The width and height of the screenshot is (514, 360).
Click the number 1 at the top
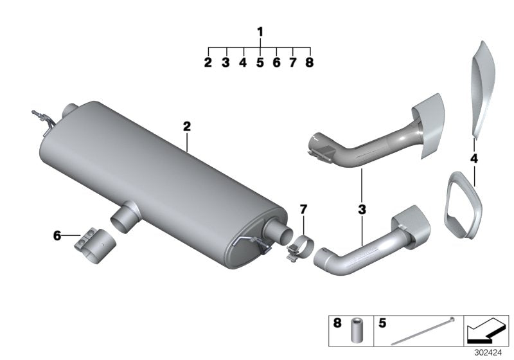[x=260, y=32]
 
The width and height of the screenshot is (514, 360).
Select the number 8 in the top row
[x=309, y=63]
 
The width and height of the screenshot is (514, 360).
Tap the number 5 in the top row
[x=260, y=63]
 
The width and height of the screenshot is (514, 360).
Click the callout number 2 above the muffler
[x=187, y=127]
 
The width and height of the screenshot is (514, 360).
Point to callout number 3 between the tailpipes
[x=362, y=209]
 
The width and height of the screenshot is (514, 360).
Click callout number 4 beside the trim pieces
[x=474, y=158]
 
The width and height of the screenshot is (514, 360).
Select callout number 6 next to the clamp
[x=57, y=237]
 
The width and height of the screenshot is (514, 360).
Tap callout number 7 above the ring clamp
[x=303, y=209]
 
